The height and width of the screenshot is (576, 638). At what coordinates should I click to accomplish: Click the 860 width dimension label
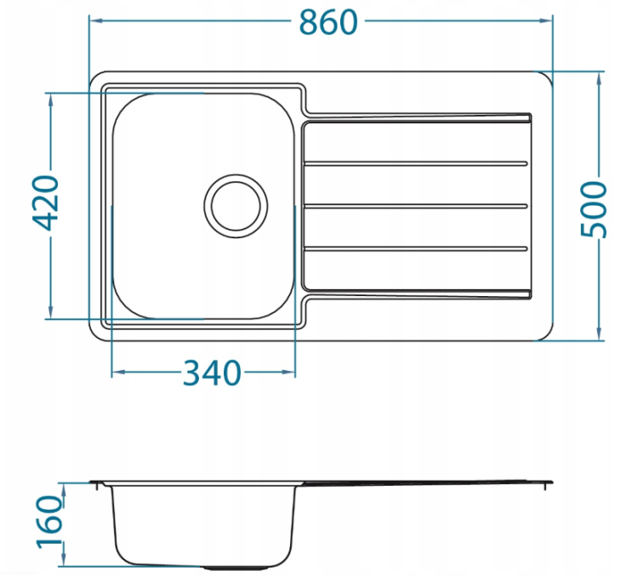coord(328,22)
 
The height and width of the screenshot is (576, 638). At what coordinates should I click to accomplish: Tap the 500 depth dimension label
coord(594,209)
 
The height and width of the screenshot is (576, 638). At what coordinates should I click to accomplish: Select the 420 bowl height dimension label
coord(46,202)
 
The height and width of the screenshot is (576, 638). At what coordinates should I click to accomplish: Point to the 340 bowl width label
coord(212,373)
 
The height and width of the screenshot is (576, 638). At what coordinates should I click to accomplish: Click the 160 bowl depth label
coord(50,522)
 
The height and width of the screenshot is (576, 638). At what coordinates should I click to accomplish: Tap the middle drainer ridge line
coord(415,207)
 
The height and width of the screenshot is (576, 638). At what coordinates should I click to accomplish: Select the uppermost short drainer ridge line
coord(415,163)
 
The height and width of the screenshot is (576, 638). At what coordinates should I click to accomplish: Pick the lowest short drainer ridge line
coord(415,248)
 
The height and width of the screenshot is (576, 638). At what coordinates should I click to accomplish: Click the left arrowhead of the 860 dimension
coord(95,20)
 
